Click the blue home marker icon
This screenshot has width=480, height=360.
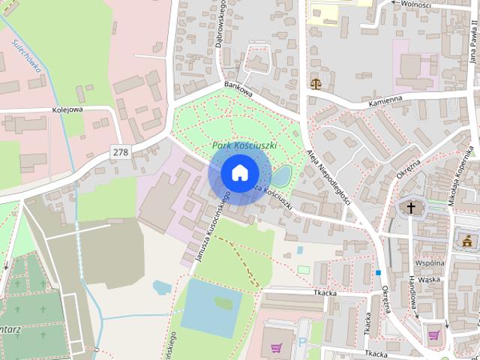239,172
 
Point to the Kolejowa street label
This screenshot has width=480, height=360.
67,109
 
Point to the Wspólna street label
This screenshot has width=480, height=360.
429,263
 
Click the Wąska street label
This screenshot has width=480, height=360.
429,280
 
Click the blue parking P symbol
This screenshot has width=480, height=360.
302,343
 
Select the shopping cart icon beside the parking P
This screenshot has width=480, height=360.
276,349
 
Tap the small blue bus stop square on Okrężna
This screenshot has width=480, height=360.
379,272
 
